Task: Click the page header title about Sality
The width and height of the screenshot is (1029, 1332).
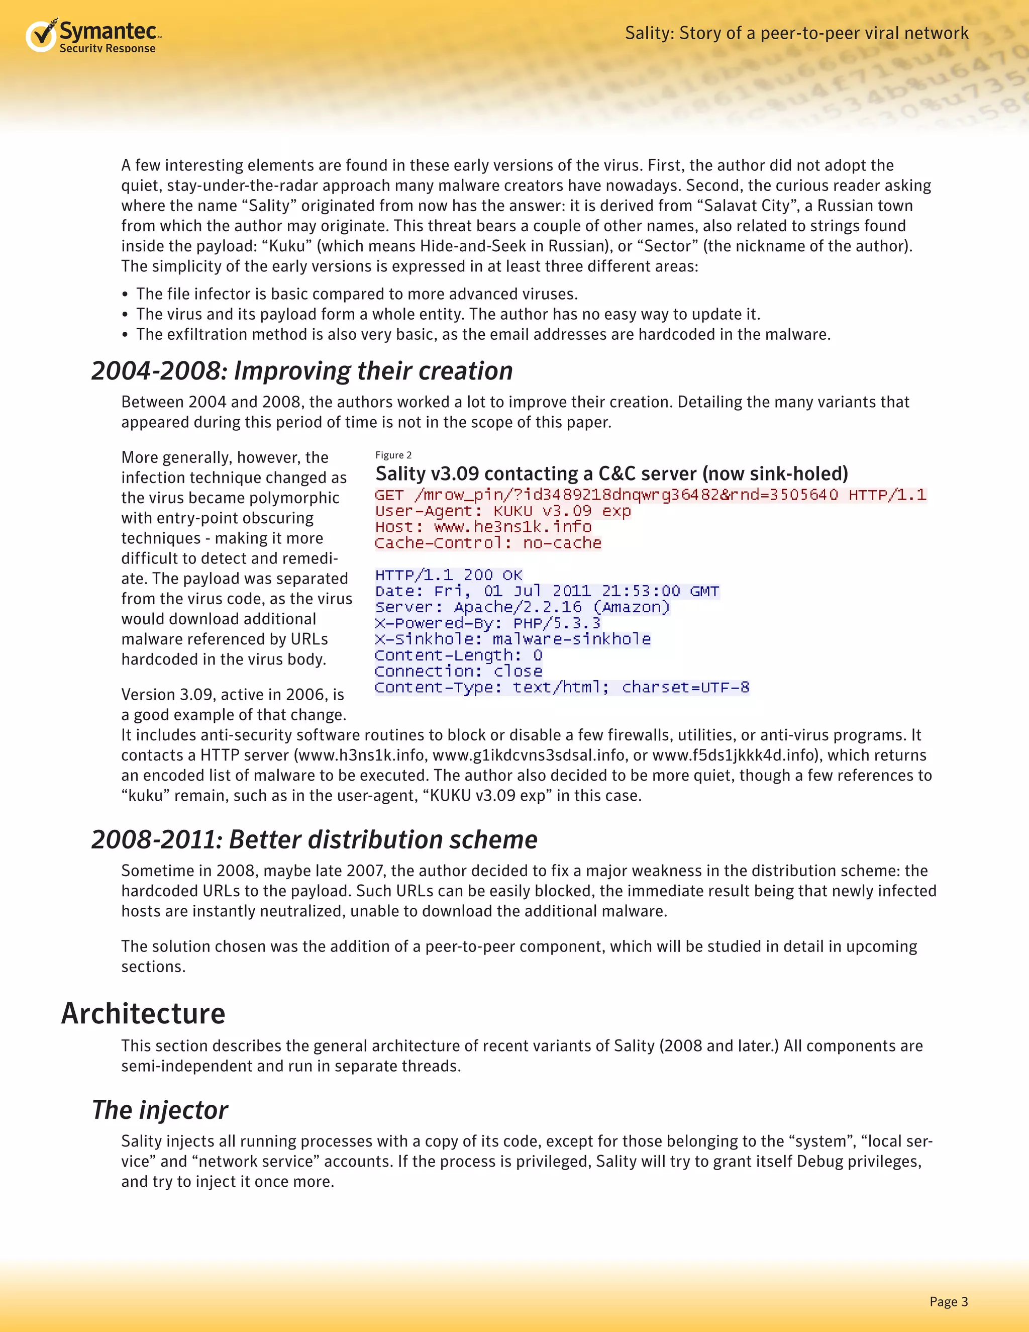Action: click(x=796, y=33)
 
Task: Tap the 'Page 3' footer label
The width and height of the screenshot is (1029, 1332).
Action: click(x=948, y=1301)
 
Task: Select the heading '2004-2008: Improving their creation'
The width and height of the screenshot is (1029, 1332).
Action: click(x=302, y=371)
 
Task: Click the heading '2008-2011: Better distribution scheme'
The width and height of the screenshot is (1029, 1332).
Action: click(x=314, y=839)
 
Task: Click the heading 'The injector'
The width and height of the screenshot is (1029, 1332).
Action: click(x=160, y=1109)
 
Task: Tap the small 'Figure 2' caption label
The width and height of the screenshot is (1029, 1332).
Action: click(x=393, y=455)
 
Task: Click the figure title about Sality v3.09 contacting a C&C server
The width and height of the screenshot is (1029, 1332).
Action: click(x=611, y=473)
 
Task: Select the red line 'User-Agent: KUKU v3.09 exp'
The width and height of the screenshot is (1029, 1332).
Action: click(x=502, y=511)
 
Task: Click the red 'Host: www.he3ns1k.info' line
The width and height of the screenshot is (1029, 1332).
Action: click(x=483, y=526)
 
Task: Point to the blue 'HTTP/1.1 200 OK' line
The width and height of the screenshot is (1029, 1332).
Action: click(x=449, y=575)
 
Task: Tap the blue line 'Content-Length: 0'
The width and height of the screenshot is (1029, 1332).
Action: click(x=458, y=655)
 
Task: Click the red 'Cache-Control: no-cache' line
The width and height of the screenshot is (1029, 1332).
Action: click(x=488, y=543)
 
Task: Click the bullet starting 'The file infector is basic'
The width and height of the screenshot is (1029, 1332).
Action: click(x=356, y=294)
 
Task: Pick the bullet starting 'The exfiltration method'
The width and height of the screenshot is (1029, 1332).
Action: click(x=483, y=334)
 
